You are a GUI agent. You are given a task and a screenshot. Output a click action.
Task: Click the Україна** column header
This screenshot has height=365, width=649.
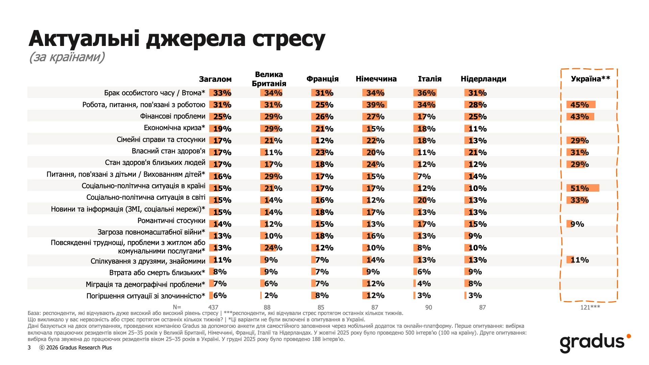(x=590, y=79)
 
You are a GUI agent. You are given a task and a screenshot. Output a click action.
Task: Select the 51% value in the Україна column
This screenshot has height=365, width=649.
(x=579, y=188)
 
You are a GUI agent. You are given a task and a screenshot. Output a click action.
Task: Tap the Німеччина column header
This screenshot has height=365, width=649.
(x=376, y=79)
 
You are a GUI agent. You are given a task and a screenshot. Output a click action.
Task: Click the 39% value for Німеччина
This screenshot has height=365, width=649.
(x=375, y=105)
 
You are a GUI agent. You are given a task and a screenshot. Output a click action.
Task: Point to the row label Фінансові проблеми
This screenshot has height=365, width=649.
(x=172, y=116)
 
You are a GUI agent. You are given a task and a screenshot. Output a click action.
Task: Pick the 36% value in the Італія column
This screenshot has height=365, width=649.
(x=426, y=93)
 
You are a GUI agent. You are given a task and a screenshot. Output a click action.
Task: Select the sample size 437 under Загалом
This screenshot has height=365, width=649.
(x=213, y=307)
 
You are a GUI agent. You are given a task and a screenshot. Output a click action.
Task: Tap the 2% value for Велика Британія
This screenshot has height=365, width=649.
(x=271, y=295)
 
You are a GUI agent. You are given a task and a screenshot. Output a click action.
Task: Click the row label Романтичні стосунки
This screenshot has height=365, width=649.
(x=171, y=221)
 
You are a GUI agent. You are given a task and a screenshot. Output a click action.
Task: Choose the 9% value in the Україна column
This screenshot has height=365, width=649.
(x=577, y=224)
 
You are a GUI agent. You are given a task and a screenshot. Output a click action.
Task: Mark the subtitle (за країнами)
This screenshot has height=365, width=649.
(x=67, y=57)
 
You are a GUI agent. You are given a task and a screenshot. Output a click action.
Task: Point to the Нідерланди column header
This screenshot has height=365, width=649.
(x=483, y=79)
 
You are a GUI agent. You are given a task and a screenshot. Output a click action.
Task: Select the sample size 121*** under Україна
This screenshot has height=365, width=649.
(x=590, y=307)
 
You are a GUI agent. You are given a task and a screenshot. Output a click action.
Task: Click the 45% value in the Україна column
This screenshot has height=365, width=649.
(x=579, y=105)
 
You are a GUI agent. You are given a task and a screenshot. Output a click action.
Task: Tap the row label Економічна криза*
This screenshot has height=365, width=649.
(x=174, y=128)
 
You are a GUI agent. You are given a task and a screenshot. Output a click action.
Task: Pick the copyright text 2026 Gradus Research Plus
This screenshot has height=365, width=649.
(x=79, y=347)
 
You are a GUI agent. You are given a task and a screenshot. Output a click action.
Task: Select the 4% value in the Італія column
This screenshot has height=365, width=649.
(x=424, y=284)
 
